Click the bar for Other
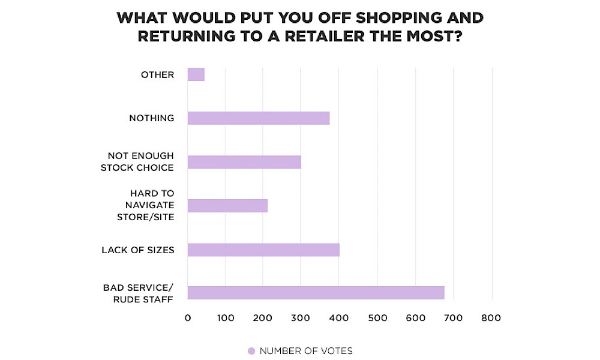click(196, 74)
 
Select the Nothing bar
click(259, 118)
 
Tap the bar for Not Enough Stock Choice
click(244, 162)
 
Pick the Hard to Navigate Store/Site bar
click(227, 206)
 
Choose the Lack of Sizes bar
click(263, 250)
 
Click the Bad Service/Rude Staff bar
click(316, 293)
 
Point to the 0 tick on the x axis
click(188, 318)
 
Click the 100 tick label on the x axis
click(226, 318)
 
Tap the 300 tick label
click(302, 318)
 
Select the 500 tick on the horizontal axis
click(377, 318)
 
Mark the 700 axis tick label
click(454, 318)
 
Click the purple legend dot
click(251, 351)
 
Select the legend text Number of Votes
click(306, 351)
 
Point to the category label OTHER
click(157, 75)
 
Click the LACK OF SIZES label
click(138, 250)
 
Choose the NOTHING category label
click(152, 118)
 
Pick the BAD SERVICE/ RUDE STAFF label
click(139, 293)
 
